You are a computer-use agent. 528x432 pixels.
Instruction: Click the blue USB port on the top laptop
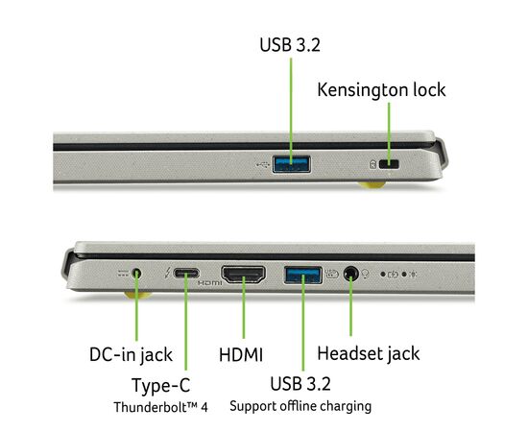291,164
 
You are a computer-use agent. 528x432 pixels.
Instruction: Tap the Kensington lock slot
389,164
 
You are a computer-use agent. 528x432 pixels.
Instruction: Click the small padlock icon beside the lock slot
372,164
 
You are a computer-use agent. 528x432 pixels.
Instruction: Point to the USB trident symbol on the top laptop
263,165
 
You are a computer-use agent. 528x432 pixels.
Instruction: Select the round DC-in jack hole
136,273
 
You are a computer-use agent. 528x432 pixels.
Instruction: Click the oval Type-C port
186,273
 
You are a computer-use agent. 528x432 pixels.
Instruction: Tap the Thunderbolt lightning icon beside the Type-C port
167,273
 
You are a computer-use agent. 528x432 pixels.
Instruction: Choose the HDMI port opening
243,275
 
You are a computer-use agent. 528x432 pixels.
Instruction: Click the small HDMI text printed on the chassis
209,283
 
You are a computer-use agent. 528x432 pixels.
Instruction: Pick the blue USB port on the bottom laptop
303,275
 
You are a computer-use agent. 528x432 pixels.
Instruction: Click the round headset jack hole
350,273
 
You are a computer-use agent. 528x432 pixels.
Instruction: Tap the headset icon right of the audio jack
365,274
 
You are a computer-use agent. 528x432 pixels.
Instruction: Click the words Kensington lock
381,90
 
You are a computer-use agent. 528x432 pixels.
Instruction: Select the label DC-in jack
131,355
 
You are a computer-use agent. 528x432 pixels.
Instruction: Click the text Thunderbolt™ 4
160,407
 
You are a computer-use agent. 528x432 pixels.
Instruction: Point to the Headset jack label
369,354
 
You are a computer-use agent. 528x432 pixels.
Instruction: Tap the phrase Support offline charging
300,406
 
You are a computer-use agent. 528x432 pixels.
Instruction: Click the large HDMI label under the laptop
241,355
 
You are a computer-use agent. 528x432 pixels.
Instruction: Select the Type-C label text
161,385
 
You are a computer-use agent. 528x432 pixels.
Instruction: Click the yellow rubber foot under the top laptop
372,184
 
